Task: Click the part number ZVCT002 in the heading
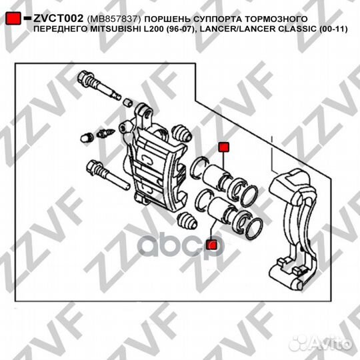58,19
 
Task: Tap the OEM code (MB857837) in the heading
114,19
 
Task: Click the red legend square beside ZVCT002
13,19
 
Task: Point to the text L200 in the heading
153,29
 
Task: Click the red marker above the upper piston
223,147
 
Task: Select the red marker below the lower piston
211,245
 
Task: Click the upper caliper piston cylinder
213,175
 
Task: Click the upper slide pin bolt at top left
99,85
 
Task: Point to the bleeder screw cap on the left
87,138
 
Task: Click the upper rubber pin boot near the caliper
181,133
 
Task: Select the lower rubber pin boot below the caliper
187,221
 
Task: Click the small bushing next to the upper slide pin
127,103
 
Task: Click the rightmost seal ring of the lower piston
254,229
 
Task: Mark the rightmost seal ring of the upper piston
249,196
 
